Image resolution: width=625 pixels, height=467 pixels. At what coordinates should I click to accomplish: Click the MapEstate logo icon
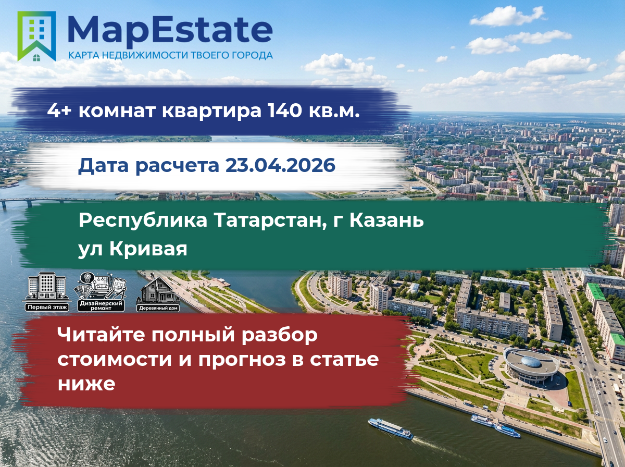(36, 36)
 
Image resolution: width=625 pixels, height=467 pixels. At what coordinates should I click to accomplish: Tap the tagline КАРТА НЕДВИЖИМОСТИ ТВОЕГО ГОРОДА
(170, 55)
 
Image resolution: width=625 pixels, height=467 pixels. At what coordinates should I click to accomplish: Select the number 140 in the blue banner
(284, 110)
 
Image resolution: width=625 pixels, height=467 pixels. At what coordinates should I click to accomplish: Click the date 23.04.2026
(280, 165)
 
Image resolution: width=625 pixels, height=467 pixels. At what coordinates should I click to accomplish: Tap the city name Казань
(386, 220)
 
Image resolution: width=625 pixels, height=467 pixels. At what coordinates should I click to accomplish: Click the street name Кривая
(148, 249)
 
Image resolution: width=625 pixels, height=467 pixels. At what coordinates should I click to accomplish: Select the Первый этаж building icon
(47, 291)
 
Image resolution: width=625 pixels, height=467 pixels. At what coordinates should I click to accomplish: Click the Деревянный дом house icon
(158, 294)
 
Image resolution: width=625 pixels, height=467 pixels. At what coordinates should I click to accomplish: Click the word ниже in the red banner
(86, 384)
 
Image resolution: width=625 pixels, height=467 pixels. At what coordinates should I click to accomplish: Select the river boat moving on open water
(390, 428)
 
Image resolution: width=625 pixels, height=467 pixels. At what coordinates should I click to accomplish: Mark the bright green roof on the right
(596, 291)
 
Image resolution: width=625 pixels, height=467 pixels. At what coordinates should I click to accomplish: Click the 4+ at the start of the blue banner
(59, 110)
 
